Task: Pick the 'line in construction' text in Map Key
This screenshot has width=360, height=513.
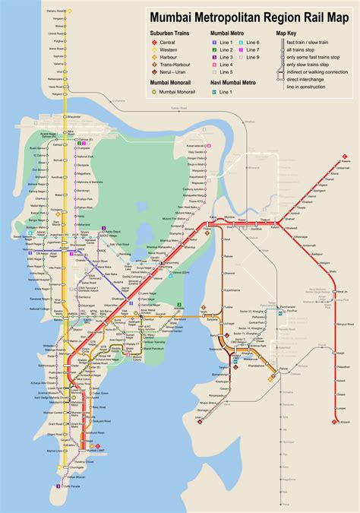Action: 307,85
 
